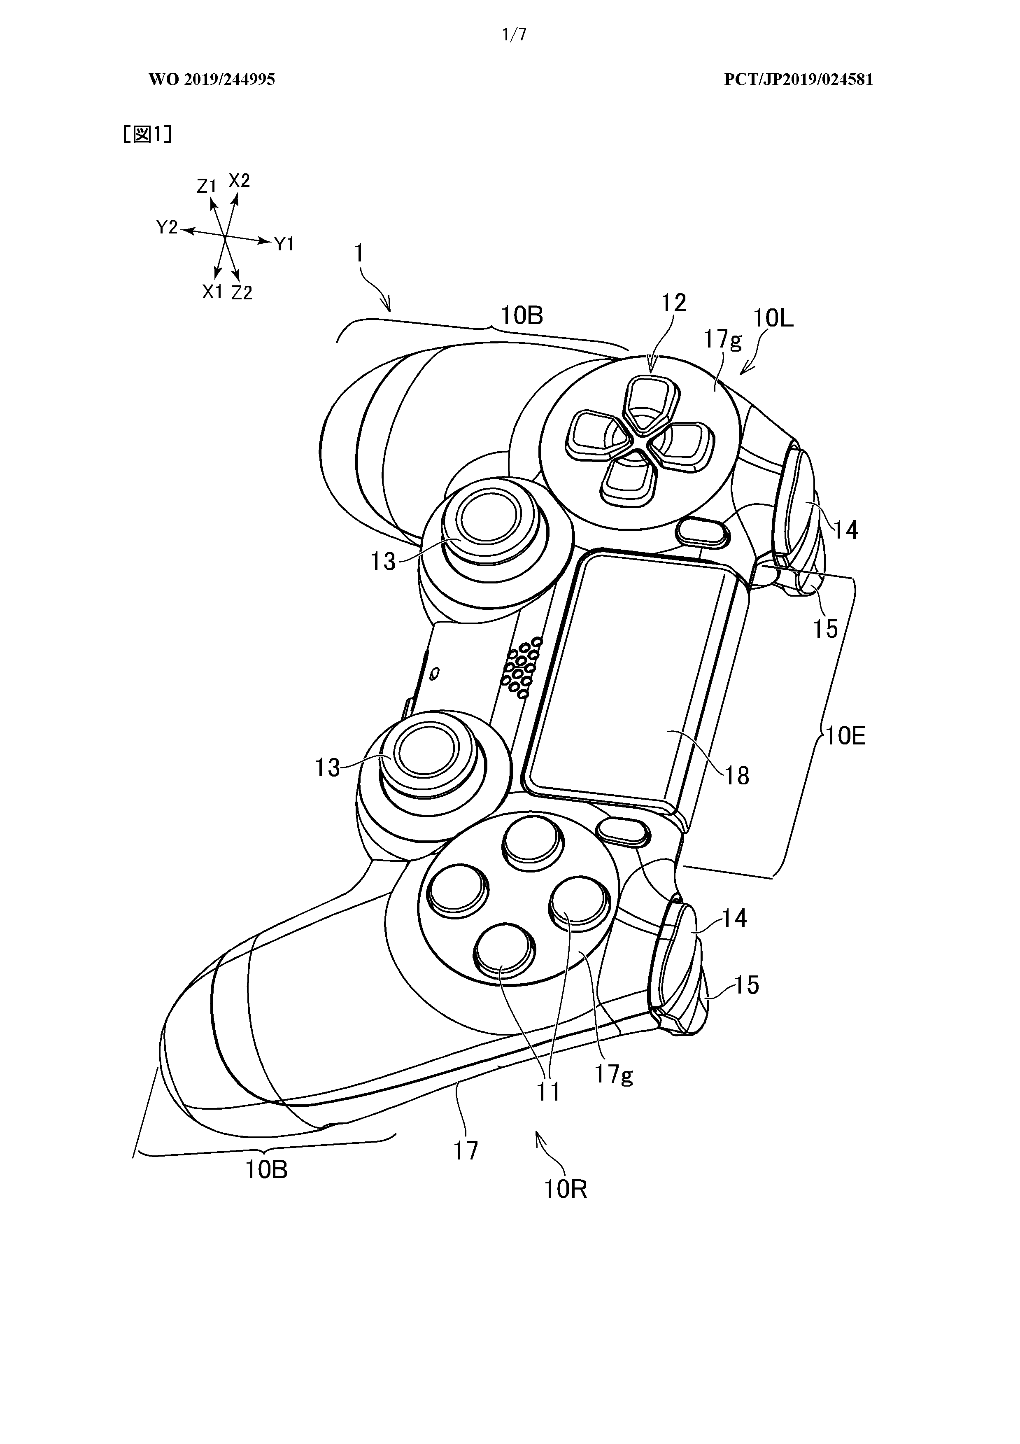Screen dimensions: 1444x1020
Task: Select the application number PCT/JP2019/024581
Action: click(x=798, y=80)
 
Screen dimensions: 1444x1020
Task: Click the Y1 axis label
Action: click(x=285, y=244)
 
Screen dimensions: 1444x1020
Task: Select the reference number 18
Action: click(x=737, y=777)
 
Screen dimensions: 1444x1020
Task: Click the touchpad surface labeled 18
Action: click(x=635, y=679)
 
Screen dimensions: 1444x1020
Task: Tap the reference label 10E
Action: click(x=845, y=736)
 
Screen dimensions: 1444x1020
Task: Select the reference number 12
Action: click(x=673, y=303)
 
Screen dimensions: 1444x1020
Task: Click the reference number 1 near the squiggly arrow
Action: click(x=359, y=254)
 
